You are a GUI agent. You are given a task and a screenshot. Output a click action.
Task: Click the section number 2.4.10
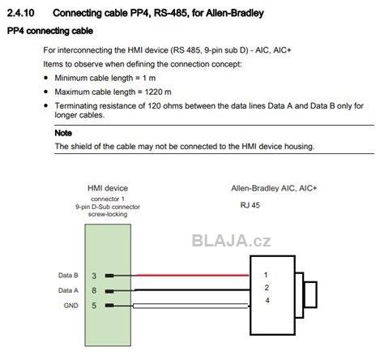coord(20,13)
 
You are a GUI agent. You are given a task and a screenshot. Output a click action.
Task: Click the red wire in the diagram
coord(192,275)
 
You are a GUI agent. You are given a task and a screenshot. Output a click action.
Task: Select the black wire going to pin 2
coord(192,290)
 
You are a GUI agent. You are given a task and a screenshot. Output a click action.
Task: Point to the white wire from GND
coord(190,306)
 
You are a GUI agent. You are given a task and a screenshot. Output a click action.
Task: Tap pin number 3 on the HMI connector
coord(94,276)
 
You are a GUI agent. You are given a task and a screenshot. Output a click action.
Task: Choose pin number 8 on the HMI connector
coord(94,290)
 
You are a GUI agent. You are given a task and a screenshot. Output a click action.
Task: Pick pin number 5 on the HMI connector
coord(94,306)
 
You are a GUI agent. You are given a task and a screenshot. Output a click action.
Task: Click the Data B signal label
coord(68,275)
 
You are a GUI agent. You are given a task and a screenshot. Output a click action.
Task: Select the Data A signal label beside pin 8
coord(68,290)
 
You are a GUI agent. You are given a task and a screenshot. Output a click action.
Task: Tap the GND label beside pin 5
coord(70,306)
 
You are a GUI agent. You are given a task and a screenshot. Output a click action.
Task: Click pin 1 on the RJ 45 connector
coord(266,275)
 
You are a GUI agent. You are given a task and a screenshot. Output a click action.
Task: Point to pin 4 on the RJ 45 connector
coord(267,300)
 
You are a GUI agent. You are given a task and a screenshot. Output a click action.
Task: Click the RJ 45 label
coord(250,205)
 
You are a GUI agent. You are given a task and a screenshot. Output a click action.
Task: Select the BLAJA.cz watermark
coord(231,241)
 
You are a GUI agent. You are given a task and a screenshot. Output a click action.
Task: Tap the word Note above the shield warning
coord(63,133)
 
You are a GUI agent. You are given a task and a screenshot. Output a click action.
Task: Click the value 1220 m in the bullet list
coord(158,92)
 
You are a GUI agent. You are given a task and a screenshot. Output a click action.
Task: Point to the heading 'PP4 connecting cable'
coord(50,31)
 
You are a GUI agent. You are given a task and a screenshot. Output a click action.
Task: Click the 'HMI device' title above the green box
coord(108,188)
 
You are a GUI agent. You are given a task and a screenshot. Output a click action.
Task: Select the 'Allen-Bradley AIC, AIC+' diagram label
coord(274,188)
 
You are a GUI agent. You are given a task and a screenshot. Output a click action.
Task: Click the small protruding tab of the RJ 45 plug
coord(310,294)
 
